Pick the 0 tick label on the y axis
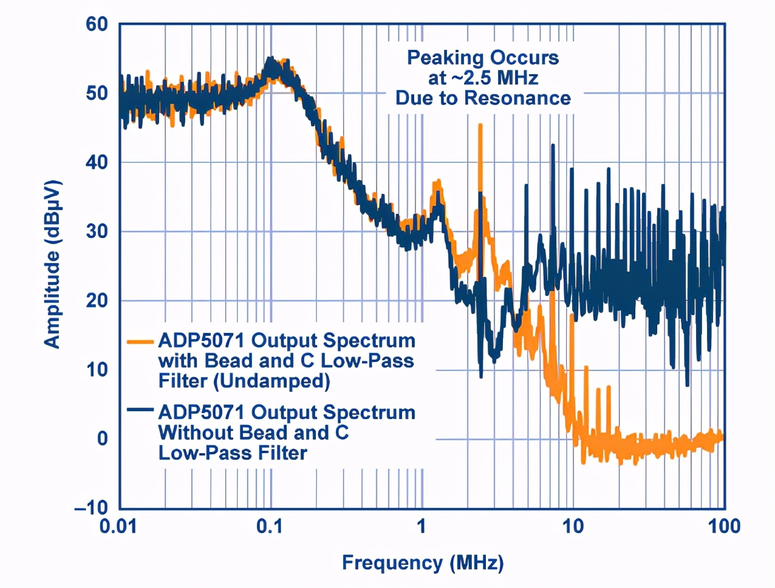[103, 439]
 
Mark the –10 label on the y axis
[91, 507]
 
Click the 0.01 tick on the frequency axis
[118, 526]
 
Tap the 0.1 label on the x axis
[269, 526]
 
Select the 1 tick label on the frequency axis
[421, 526]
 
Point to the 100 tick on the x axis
[723, 526]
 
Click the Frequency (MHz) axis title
[423, 562]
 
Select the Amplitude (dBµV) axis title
[53, 264]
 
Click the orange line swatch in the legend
[140, 341]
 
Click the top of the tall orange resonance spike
[480, 125]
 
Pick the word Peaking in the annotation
[445, 58]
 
